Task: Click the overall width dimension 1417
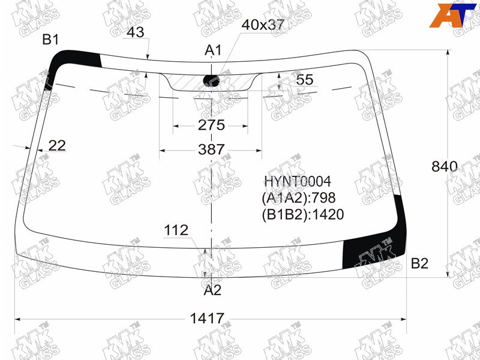point(207,319)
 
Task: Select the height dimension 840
point(445,167)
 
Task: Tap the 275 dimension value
point(211,125)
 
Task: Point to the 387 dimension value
point(211,149)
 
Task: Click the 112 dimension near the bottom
point(176,230)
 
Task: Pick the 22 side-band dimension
point(57,146)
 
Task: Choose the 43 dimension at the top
point(136,32)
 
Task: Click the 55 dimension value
point(305,80)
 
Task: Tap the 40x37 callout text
point(263,25)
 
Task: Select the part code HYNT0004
point(298,182)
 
